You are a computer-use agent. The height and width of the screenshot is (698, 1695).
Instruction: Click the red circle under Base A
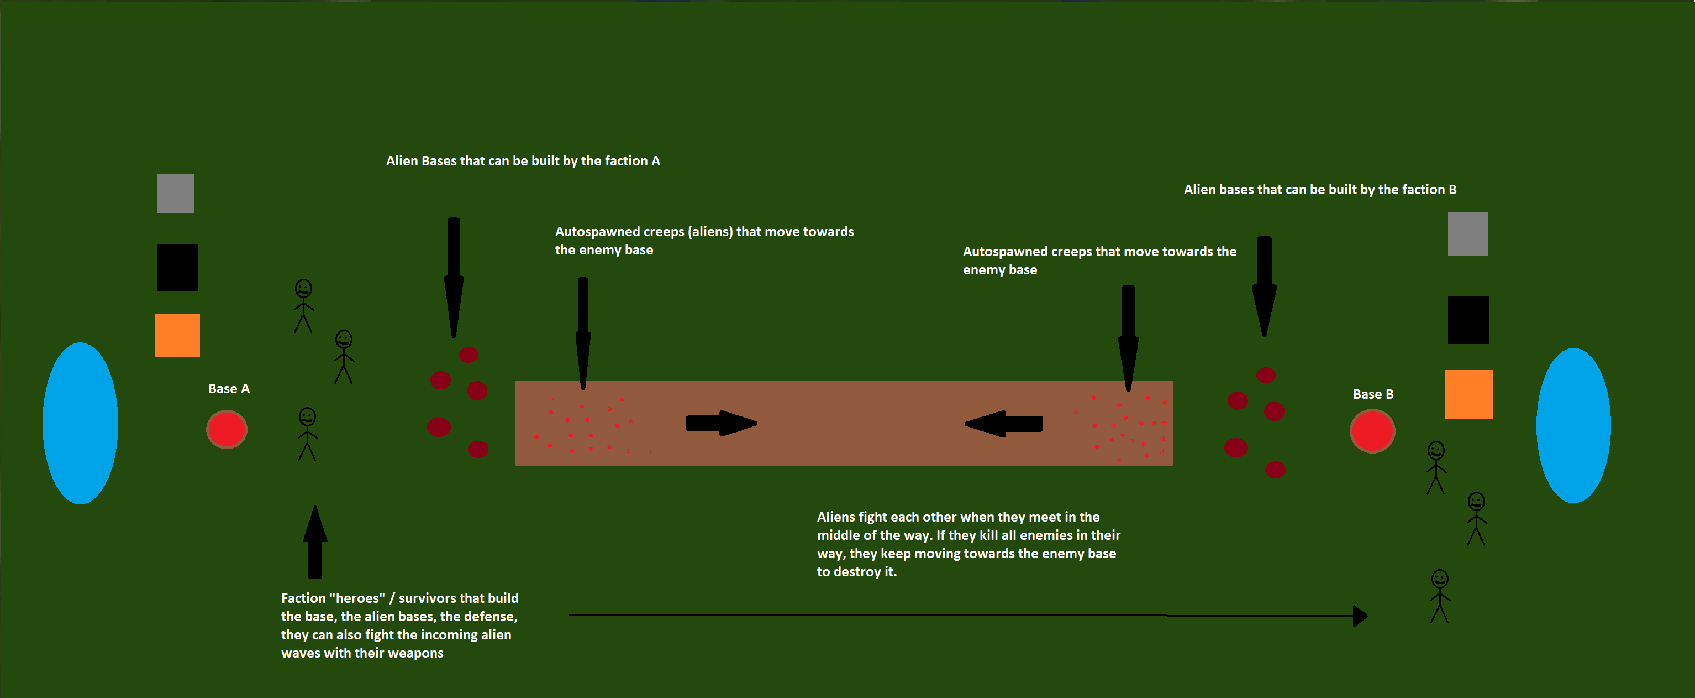click(x=227, y=429)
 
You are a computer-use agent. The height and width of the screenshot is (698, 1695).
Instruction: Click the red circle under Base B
click(x=1372, y=431)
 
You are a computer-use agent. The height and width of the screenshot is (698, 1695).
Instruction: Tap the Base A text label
click(x=228, y=388)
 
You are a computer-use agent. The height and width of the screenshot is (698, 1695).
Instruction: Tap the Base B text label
click(x=1372, y=394)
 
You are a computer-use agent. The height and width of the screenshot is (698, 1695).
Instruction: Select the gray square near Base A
click(x=176, y=194)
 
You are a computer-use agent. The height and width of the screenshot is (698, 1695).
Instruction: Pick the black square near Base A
click(x=177, y=267)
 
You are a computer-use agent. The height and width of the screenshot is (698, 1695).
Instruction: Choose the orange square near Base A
click(x=177, y=335)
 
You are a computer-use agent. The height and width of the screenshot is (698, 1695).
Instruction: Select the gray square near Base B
click(x=1467, y=233)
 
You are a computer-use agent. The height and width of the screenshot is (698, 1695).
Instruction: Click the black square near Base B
click(x=1468, y=319)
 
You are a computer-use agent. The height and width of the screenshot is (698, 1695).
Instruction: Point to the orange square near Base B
click(x=1468, y=394)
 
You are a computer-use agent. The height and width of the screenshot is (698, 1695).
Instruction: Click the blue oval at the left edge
click(x=80, y=423)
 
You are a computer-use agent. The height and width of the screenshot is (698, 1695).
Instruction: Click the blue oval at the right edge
click(x=1573, y=425)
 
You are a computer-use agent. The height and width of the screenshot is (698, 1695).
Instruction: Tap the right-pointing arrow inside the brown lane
click(x=721, y=424)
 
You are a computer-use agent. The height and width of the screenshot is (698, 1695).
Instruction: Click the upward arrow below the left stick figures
click(x=315, y=541)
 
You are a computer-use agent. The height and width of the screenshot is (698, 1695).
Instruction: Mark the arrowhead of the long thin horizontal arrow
click(x=1360, y=616)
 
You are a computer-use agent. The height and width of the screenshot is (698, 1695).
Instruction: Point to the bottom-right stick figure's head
click(x=1440, y=579)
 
